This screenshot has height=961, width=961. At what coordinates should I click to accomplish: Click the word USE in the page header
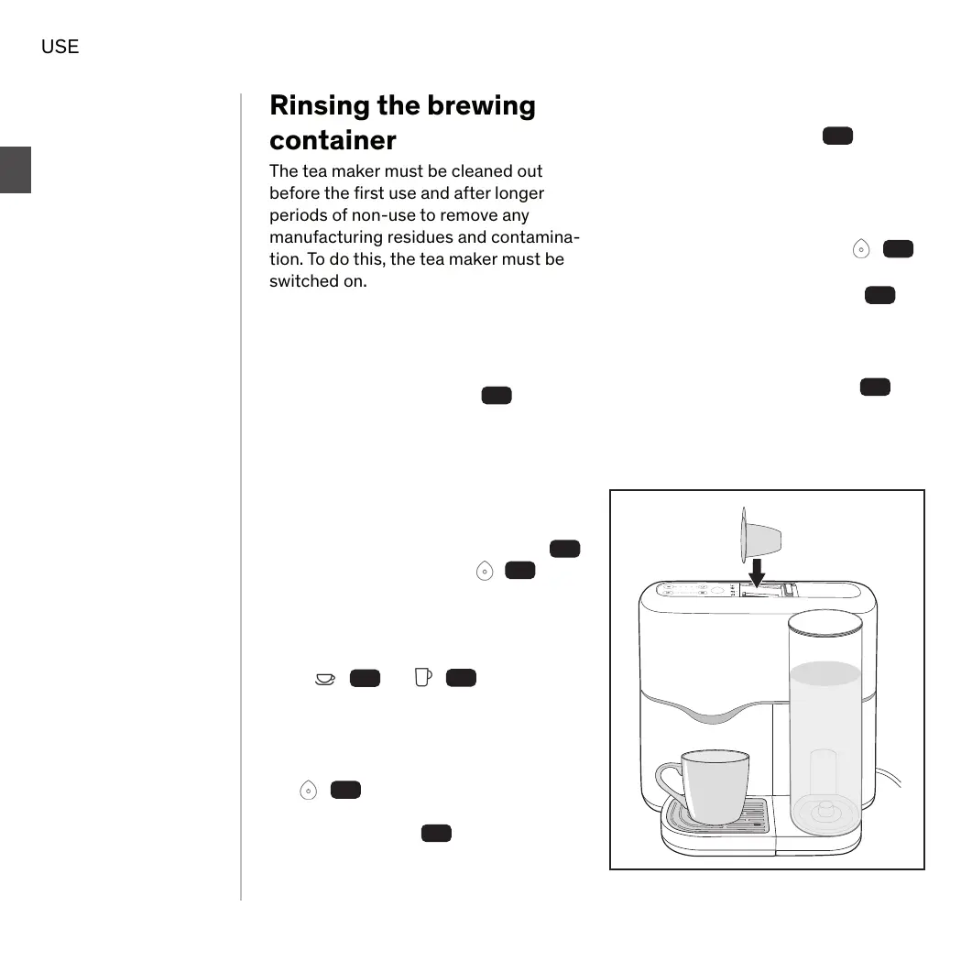click(60, 46)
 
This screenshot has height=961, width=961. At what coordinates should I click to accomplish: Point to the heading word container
click(333, 140)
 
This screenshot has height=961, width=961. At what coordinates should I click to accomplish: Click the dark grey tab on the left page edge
click(16, 169)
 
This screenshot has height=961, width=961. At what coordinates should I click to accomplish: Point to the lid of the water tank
click(825, 624)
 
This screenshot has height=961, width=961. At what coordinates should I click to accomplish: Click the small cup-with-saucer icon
click(324, 678)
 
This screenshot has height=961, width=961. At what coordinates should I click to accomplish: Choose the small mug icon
click(422, 677)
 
